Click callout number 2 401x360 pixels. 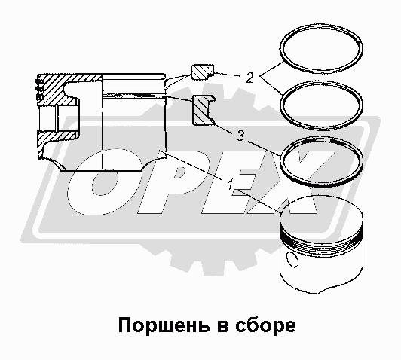pyautogui.click(x=249, y=78)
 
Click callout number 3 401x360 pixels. pyautogui.click(x=240, y=136)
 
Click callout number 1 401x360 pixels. pyautogui.click(x=230, y=185)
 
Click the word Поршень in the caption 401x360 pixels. pyautogui.click(x=163, y=326)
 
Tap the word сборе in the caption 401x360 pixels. pyautogui.click(x=265, y=326)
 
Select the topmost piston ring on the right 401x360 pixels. pyautogui.click(x=321, y=26)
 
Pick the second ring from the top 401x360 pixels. pyautogui.click(x=321, y=83)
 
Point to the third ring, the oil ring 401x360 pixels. pyautogui.click(x=321, y=138)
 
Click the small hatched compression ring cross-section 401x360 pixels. pyautogui.click(x=202, y=72)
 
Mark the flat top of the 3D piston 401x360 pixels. pyautogui.click(x=322, y=213)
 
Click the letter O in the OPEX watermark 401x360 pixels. pyautogui.click(x=105, y=182)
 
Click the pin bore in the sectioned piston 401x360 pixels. pyautogui.click(x=58, y=118)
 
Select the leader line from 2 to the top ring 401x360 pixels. pyautogui.click(x=272, y=69)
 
